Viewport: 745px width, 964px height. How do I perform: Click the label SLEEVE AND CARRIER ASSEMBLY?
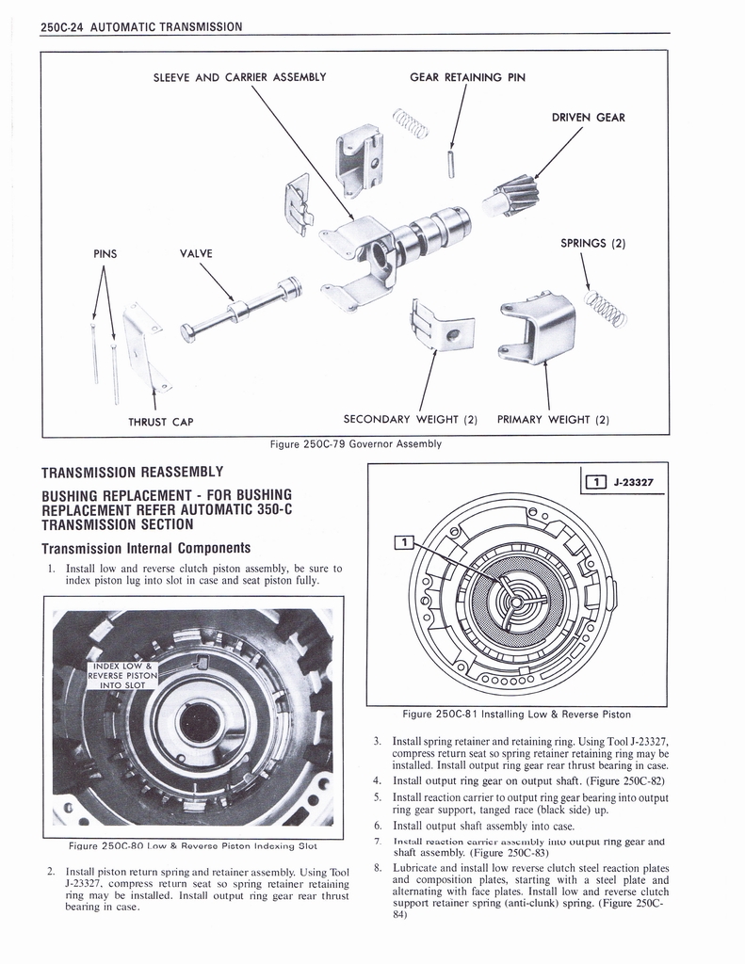(239, 77)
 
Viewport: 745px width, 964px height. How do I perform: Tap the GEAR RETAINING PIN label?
(467, 77)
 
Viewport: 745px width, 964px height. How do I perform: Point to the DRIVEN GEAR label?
(588, 118)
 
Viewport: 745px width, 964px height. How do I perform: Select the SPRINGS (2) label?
(593, 243)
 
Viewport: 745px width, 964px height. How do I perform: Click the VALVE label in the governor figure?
(196, 253)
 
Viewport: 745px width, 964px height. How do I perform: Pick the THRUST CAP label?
(161, 422)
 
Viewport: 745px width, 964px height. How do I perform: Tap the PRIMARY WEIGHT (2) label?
(553, 420)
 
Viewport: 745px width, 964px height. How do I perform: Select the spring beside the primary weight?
(605, 308)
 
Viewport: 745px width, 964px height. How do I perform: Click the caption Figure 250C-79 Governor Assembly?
(355, 443)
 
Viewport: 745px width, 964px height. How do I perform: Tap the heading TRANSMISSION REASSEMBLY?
(132, 472)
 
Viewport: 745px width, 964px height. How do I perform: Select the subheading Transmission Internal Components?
(145, 547)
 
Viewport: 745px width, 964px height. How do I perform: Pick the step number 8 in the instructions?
(376, 867)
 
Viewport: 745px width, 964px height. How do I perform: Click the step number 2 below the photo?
(50, 871)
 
